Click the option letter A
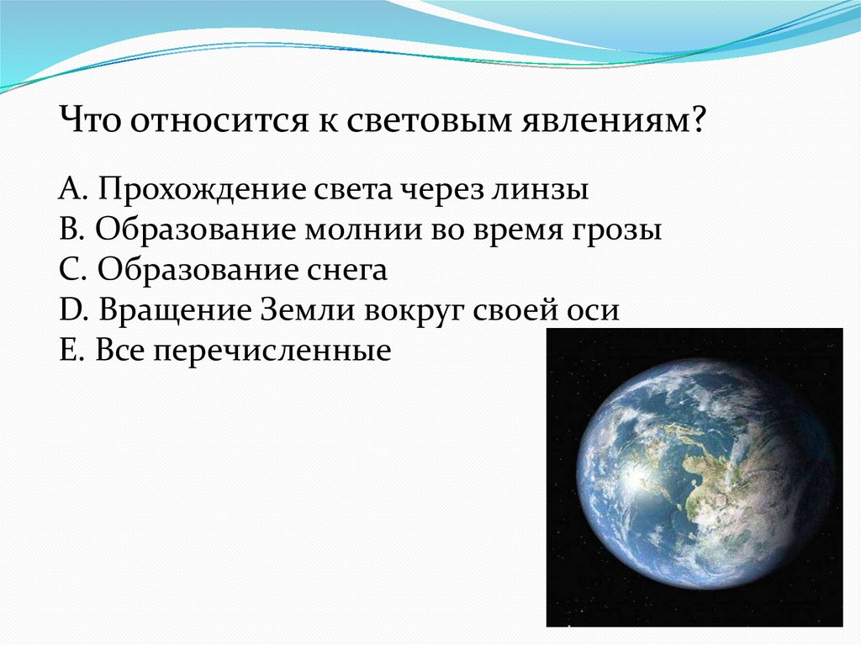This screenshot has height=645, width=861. click(69, 189)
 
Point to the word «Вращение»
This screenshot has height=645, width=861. click(175, 311)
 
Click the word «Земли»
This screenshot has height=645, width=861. click(307, 309)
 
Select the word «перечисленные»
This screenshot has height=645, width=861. click(272, 352)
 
